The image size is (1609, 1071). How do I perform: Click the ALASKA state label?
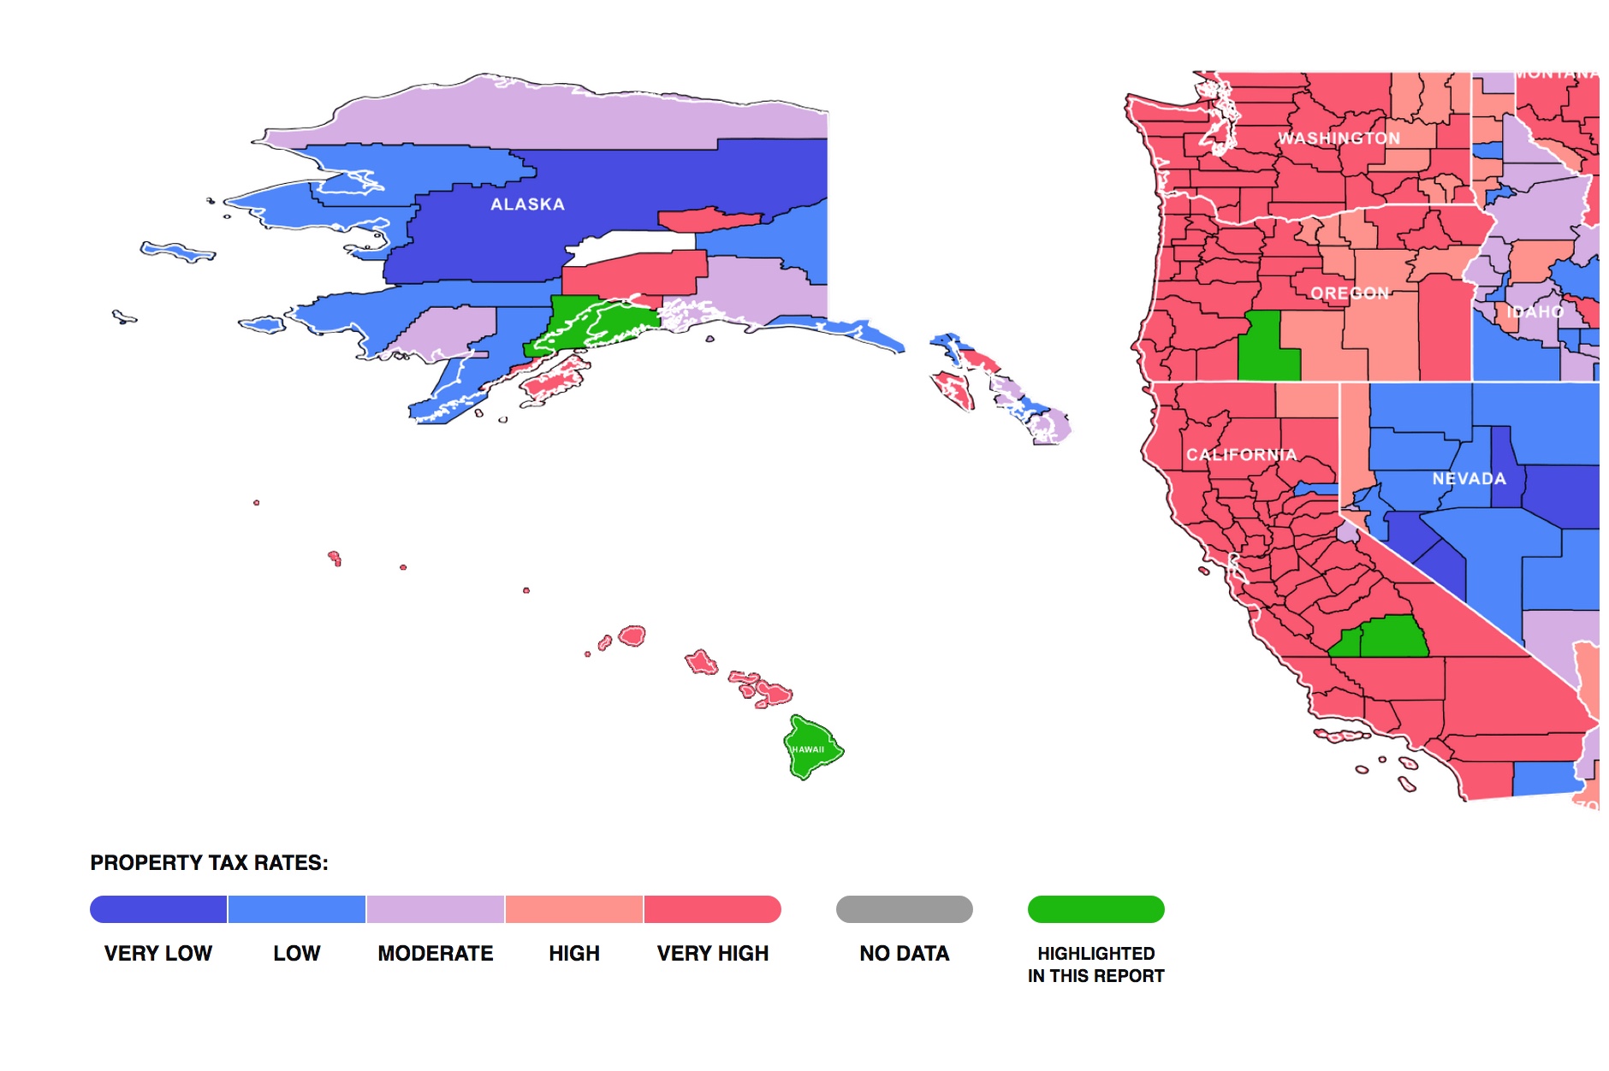(527, 204)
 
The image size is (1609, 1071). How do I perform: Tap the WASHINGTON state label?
(1339, 139)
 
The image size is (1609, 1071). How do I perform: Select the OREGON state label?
(1350, 293)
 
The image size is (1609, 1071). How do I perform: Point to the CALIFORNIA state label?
(1241, 455)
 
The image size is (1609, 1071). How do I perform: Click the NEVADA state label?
(1469, 479)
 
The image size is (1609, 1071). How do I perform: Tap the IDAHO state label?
(1535, 312)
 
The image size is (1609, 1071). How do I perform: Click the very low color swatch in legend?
(158, 909)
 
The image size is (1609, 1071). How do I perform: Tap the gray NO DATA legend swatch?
(904, 909)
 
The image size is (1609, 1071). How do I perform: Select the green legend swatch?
(1095, 909)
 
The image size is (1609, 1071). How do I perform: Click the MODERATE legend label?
(435, 953)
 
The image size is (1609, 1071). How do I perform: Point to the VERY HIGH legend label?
(712, 953)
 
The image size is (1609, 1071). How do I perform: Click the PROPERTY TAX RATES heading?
(209, 862)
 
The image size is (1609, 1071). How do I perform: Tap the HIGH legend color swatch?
(573, 909)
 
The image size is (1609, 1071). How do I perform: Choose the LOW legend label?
(296, 953)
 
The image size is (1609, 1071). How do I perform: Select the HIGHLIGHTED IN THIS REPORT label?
(1095, 964)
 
